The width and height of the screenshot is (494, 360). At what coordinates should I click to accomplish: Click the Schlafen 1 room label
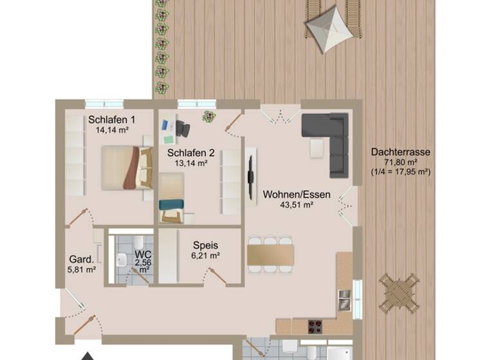point(112,120)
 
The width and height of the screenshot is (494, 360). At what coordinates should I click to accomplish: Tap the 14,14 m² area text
point(112,130)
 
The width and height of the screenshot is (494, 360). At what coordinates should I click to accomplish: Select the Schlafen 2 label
point(190,153)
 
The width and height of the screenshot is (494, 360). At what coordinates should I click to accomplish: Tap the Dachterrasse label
point(400,152)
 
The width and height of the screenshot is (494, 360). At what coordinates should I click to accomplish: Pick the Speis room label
point(206,245)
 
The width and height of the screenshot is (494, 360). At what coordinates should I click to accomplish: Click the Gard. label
point(82,260)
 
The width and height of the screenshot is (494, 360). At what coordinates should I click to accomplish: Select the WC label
point(143,254)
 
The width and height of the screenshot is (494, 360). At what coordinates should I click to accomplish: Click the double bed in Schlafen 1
point(127,167)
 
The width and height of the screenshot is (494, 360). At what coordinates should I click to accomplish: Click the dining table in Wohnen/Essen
point(270,254)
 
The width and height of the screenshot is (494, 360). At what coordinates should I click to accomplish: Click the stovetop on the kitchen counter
point(316,325)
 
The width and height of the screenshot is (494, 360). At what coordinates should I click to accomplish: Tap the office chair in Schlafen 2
point(184,128)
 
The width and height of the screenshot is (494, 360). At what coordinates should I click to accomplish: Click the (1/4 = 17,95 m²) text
point(400,172)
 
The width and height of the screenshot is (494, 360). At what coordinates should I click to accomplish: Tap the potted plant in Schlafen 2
point(208,116)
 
